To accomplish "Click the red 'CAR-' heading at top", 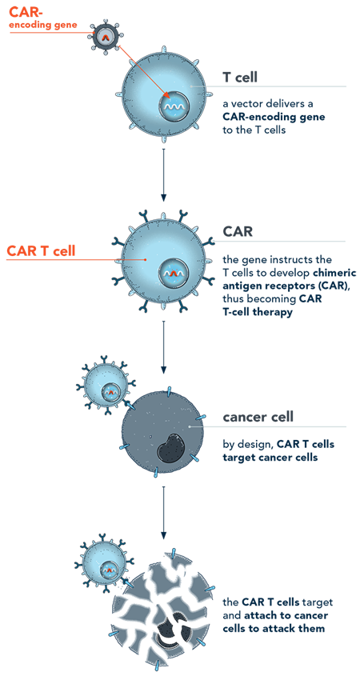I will (23, 13).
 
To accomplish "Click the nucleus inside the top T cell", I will (173, 105).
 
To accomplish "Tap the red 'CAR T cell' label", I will (41, 250).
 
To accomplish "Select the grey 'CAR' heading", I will (238, 233).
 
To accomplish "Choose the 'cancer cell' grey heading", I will (258, 417).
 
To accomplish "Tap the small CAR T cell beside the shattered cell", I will (104, 562).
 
